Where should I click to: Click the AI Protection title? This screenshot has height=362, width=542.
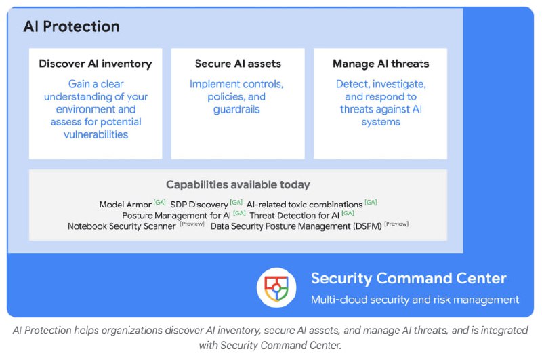tap(72, 26)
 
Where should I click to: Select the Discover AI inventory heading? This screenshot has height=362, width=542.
tap(96, 64)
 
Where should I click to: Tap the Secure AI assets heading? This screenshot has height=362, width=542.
tap(238, 64)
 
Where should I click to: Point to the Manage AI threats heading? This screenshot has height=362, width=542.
tap(381, 64)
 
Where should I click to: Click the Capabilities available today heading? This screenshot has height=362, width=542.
tap(238, 184)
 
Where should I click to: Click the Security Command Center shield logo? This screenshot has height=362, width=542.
tap(276, 287)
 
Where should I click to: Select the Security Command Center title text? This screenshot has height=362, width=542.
tap(409, 279)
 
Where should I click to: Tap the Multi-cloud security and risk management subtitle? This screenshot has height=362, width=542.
tap(415, 300)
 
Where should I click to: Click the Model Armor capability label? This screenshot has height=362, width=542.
tap(125, 205)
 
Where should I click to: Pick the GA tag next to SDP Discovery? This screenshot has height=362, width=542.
tap(236, 202)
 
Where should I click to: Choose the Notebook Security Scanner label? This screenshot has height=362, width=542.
tap(122, 226)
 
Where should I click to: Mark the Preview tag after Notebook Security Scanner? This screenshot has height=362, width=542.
tap(192, 224)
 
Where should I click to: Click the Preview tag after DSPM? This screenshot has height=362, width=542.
tap(396, 224)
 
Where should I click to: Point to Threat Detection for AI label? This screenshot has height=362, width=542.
tap(294, 216)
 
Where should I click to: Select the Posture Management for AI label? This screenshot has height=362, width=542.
tap(176, 216)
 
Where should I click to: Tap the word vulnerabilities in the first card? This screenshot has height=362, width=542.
tap(96, 134)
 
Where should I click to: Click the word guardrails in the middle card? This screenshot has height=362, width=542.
tap(236, 110)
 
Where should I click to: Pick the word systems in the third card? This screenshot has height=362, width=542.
tap(381, 122)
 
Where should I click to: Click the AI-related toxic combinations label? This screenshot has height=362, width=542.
tap(304, 205)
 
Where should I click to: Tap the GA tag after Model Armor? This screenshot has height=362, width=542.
tap(160, 202)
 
